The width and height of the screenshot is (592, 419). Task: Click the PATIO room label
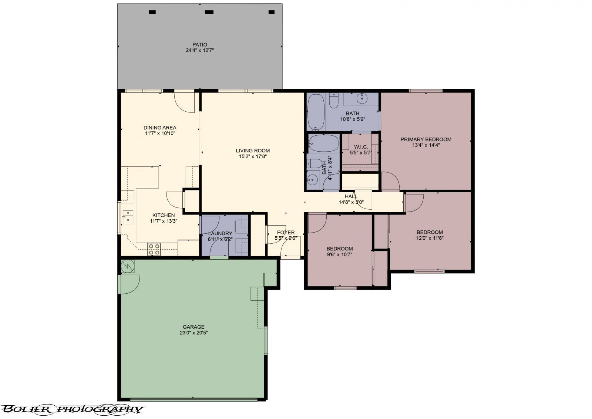199,45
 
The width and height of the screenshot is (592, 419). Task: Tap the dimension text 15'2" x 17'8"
253,156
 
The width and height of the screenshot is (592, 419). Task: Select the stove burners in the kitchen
154,249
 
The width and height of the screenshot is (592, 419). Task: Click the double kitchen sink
128,216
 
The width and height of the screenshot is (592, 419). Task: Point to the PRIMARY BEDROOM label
426,139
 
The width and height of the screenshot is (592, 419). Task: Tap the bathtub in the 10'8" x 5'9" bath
316,112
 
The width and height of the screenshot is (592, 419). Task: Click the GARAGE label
194,327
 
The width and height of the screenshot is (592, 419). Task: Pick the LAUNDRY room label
220,233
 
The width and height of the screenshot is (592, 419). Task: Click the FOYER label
286,233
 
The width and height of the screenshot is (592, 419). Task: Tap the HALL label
351,196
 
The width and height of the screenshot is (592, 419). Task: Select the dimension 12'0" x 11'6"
429,238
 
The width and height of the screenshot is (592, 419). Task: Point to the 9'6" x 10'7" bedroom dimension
339,254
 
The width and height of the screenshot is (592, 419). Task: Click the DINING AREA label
160,128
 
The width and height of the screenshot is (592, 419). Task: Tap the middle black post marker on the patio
209,12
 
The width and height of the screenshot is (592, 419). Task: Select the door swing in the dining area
184,102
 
